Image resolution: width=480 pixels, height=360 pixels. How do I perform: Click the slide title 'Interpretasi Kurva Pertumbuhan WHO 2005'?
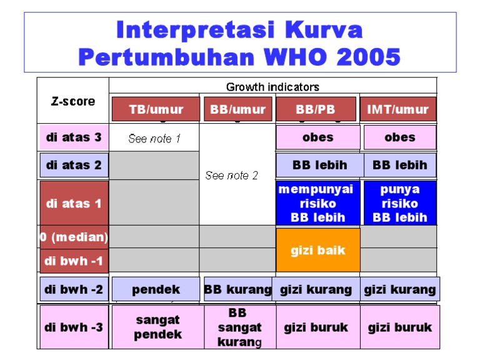(239, 43)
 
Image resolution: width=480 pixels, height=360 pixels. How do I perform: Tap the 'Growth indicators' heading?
(272, 87)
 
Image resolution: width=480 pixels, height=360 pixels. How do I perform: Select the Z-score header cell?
(73, 101)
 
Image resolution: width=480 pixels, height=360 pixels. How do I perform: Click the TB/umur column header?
(156, 109)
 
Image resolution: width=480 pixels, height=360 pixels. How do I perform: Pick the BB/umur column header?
(237, 109)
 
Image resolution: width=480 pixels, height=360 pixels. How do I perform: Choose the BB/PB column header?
(316, 109)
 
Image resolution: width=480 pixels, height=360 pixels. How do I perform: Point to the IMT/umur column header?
(398, 109)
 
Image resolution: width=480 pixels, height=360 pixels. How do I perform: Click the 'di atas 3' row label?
(74, 137)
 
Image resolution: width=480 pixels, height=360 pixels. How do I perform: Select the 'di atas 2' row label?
(74, 166)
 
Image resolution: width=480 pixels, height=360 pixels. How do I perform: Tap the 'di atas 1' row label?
(74, 203)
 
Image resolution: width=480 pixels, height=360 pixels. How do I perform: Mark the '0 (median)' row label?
(74, 237)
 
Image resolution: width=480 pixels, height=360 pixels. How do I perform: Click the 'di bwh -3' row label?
(74, 327)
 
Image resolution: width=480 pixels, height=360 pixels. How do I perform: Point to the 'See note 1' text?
(154, 139)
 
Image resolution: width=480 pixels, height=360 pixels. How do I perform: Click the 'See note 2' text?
(232, 176)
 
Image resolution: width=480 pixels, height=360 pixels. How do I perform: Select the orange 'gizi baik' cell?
(317, 250)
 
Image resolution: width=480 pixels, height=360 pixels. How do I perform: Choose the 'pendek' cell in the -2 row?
(156, 289)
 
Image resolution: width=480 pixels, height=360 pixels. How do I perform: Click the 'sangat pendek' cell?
(157, 327)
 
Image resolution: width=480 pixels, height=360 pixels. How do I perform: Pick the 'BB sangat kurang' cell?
(239, 327)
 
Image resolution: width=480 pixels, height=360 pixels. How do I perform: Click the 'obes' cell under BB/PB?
(317, 137)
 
